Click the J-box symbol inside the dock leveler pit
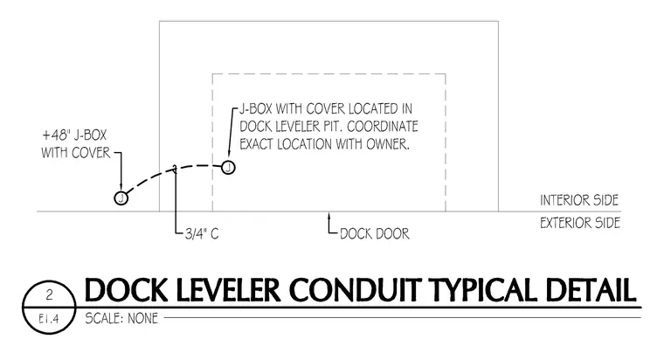pos(228,167)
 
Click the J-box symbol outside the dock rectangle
pos(121,197)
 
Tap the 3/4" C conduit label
pos(202,234)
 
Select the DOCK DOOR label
pos(375,234)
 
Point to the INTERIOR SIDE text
pos(579,200)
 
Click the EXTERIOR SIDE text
pos(580,223)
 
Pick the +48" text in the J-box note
pos(55,135)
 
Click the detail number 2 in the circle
pos(50,294)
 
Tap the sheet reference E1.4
pos(49,318)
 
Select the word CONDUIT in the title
pos(355,290)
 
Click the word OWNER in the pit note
pos(388,144)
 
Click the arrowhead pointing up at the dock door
pos(329,216)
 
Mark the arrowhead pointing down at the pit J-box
pos(229,156)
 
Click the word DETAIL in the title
pos(591,290)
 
